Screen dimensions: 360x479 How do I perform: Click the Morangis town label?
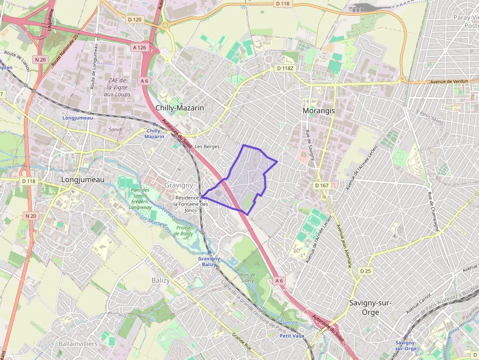point(319,111)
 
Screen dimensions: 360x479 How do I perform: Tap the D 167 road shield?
point(322,186)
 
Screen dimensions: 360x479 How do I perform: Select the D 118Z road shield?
point(285,68)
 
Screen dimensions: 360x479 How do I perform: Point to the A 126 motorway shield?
point(139,47)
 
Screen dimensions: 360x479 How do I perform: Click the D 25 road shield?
point(365,271)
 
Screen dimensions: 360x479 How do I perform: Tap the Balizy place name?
point(160,280)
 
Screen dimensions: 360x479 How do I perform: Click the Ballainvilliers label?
point(78,343)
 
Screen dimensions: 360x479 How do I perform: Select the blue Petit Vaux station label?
point(292,336)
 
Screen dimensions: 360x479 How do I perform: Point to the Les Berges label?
point(207,147)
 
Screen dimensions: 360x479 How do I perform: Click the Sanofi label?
point(116,130)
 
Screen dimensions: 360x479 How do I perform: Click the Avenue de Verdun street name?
point(448,82)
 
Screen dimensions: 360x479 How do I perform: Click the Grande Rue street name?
point(241,343)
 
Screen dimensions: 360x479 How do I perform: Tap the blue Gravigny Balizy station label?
point(209,261)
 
